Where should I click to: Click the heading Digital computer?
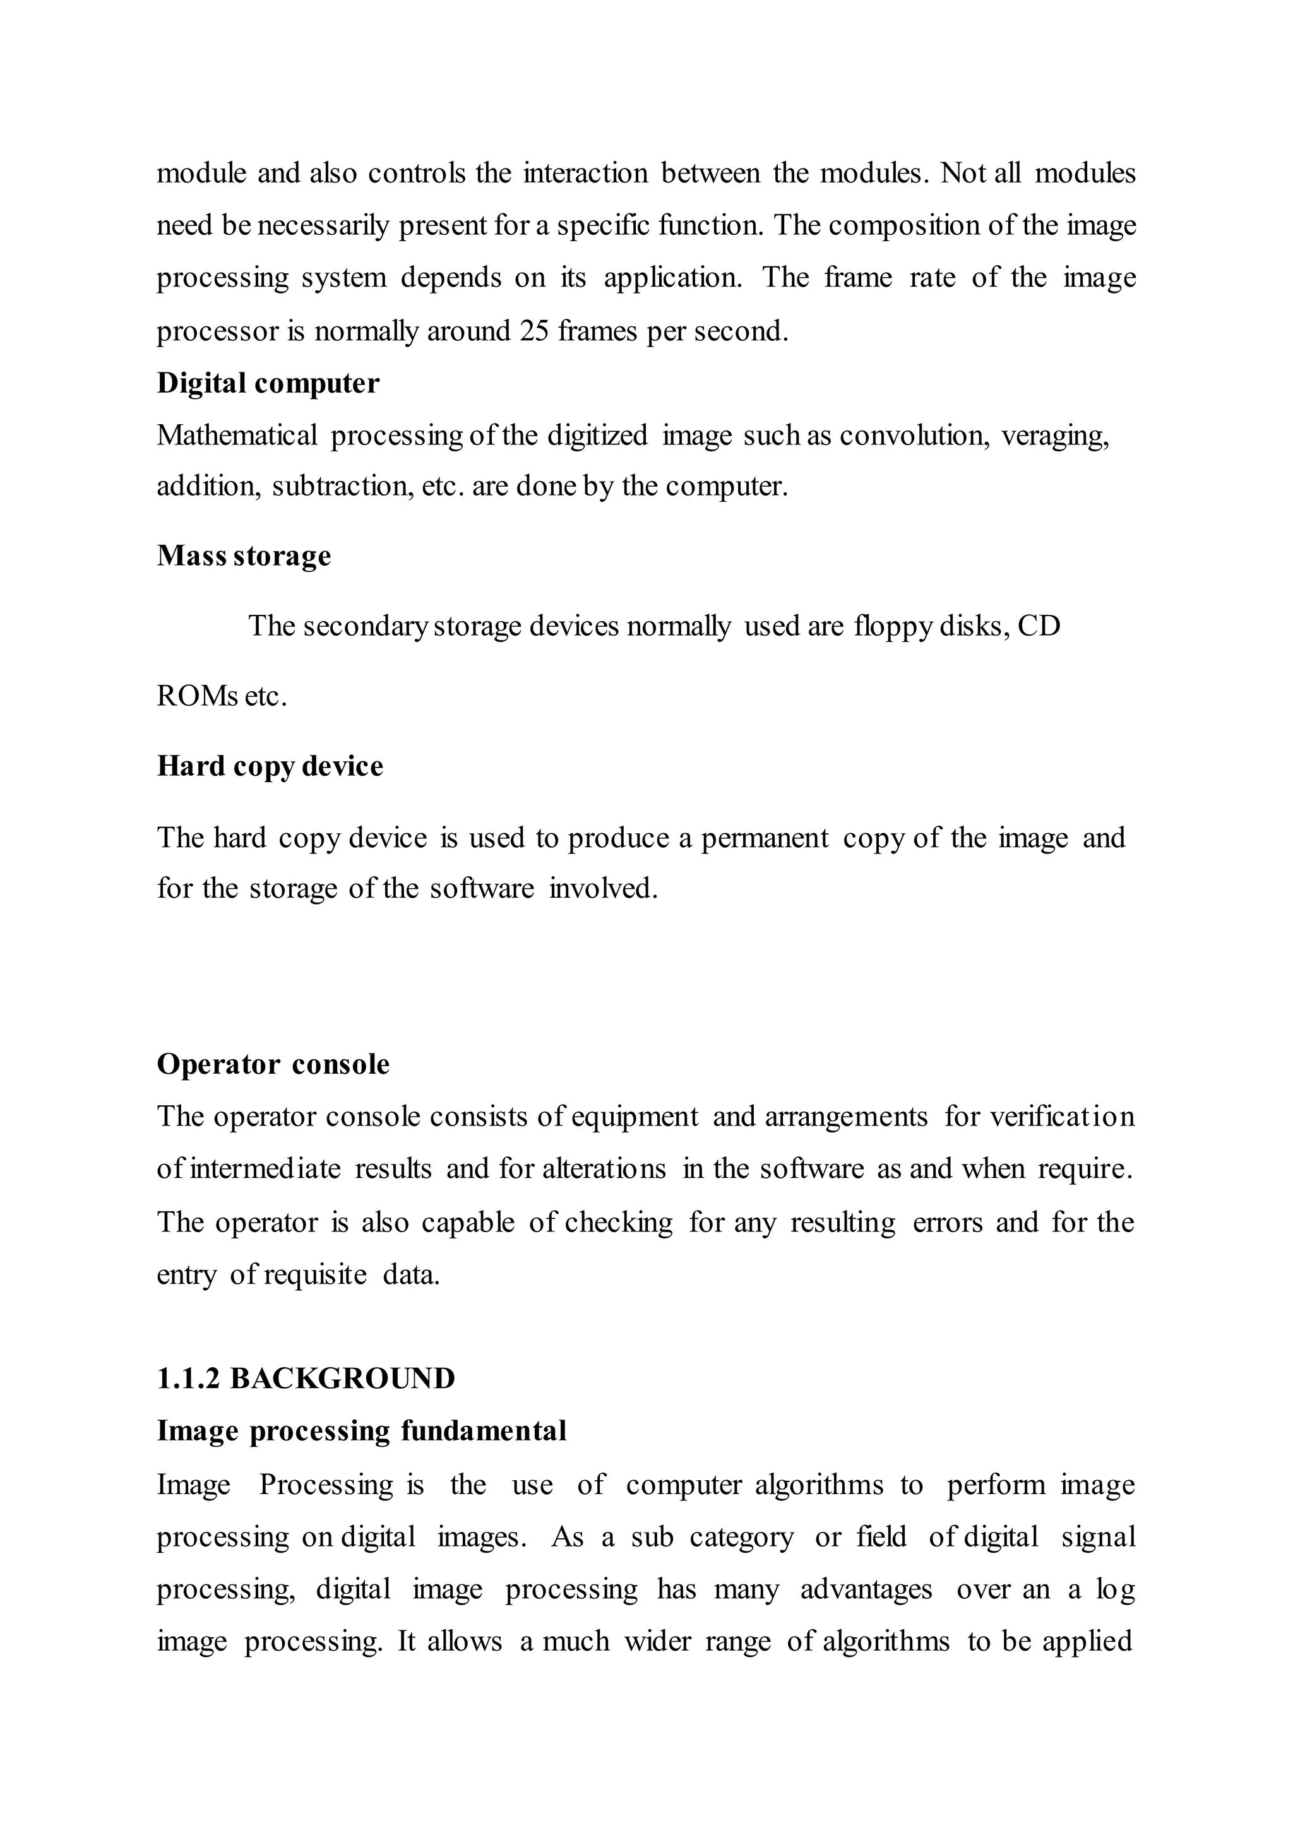coord(268,384)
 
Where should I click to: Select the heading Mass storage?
coord(244,555)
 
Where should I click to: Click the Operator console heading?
coord(273,1064)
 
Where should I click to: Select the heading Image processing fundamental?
coord(362,1431)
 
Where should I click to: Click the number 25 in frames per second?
coord(533,331)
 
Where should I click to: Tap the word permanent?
coord(765,838)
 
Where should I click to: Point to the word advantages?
coord(866,1590)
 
